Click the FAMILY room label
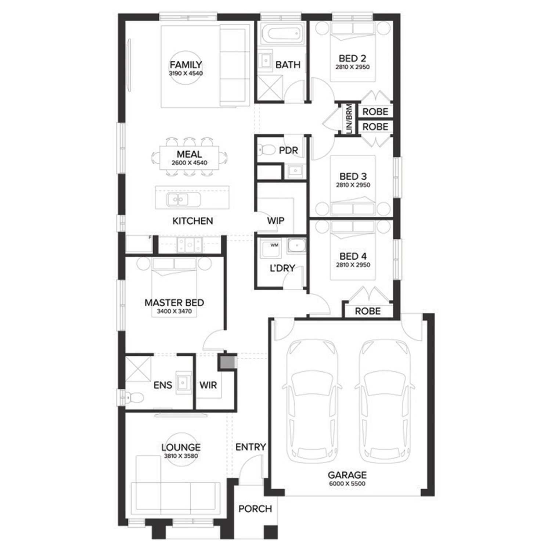186,65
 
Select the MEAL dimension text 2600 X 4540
189,163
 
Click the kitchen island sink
178,200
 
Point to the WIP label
275,220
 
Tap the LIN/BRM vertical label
349,119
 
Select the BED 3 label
353,176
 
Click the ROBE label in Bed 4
368,311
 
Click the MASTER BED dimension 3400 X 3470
174,311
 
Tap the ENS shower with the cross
138,369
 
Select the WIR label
208,385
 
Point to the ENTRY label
251,447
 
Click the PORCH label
255,509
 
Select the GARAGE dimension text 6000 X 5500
347,483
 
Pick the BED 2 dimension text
352,67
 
